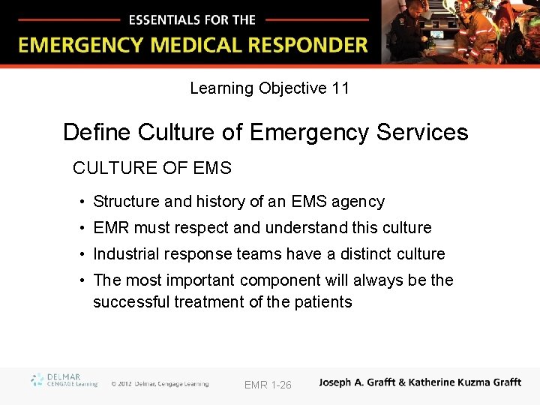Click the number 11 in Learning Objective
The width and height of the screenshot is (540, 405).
tap(340, 88)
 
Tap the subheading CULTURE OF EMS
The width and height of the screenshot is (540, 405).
tap(152, 169)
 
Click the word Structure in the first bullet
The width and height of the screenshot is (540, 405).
tap(126, 202)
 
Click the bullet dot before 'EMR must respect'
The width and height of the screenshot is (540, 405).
tap(82, 228)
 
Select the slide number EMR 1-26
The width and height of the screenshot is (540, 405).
tap(268, 385)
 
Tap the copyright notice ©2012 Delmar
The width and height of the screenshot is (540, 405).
tap(160, 384)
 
